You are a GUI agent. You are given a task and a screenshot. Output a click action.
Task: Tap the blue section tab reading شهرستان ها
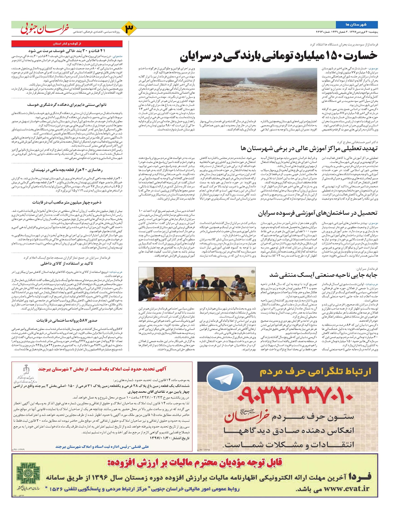click(x=357, y=25)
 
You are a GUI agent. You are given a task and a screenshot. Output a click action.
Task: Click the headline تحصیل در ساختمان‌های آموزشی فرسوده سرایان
click(x=317, y=213)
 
